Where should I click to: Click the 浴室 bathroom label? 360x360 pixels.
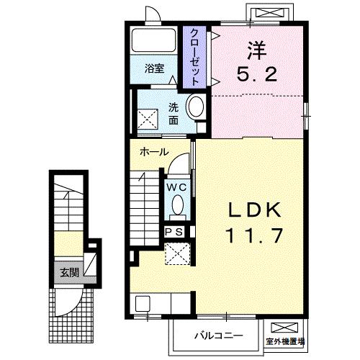coord(154,69)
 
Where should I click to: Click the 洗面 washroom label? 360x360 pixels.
coord(174,114)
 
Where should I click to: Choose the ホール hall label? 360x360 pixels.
coord(154,152)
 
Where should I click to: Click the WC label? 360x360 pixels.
coord(176,186)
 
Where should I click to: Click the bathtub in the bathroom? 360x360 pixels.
coord(155,41)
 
